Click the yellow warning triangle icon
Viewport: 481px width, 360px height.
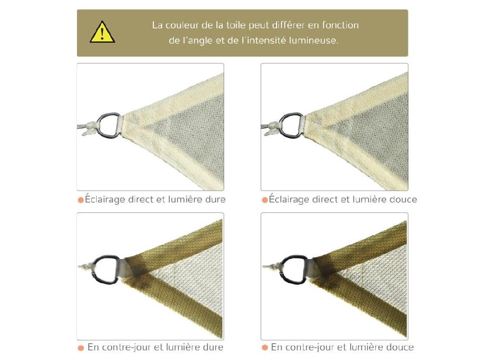point(102,33)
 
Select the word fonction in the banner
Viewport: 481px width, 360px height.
point(341,25)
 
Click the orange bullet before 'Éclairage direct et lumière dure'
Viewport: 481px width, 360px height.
point(81,199)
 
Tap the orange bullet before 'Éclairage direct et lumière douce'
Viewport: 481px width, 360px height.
point(265,199)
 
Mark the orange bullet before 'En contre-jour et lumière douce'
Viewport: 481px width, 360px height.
point(265,348)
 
